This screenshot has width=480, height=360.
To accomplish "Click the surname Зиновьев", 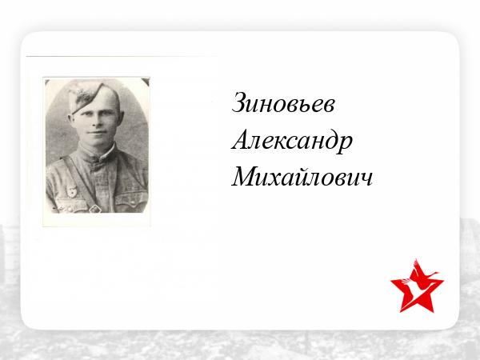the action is pos(283,103).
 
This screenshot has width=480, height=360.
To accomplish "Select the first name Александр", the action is pos(292,141).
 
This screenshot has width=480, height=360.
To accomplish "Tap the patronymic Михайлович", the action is pos(302,177).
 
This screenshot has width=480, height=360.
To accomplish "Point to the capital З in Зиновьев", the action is pos(239,102).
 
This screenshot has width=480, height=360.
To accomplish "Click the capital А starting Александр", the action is pos(242,139).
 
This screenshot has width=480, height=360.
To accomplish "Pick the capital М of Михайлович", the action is pos(245,176).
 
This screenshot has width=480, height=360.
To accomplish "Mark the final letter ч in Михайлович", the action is pos(366,179).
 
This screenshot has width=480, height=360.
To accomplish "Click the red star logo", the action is pos(417,286).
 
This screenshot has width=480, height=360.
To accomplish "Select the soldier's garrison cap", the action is pos(89,97).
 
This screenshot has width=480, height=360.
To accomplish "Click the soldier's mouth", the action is pos(97,133).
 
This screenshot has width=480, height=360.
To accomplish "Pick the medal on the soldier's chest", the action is pos(72,190).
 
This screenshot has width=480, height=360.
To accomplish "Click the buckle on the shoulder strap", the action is pos(94,209).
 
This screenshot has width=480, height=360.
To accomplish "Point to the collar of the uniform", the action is pos(98,154).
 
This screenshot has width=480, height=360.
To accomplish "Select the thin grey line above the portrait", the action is pos(122,56).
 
